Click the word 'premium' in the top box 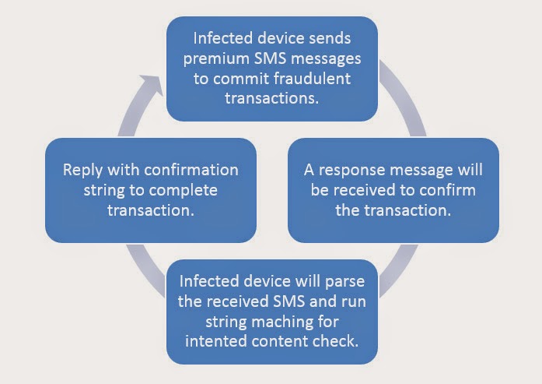click(217, 59)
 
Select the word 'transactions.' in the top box click(271, 98)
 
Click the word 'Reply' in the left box click(83, 171)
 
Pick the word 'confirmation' click(191, 170)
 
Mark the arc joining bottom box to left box click(145, 270)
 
